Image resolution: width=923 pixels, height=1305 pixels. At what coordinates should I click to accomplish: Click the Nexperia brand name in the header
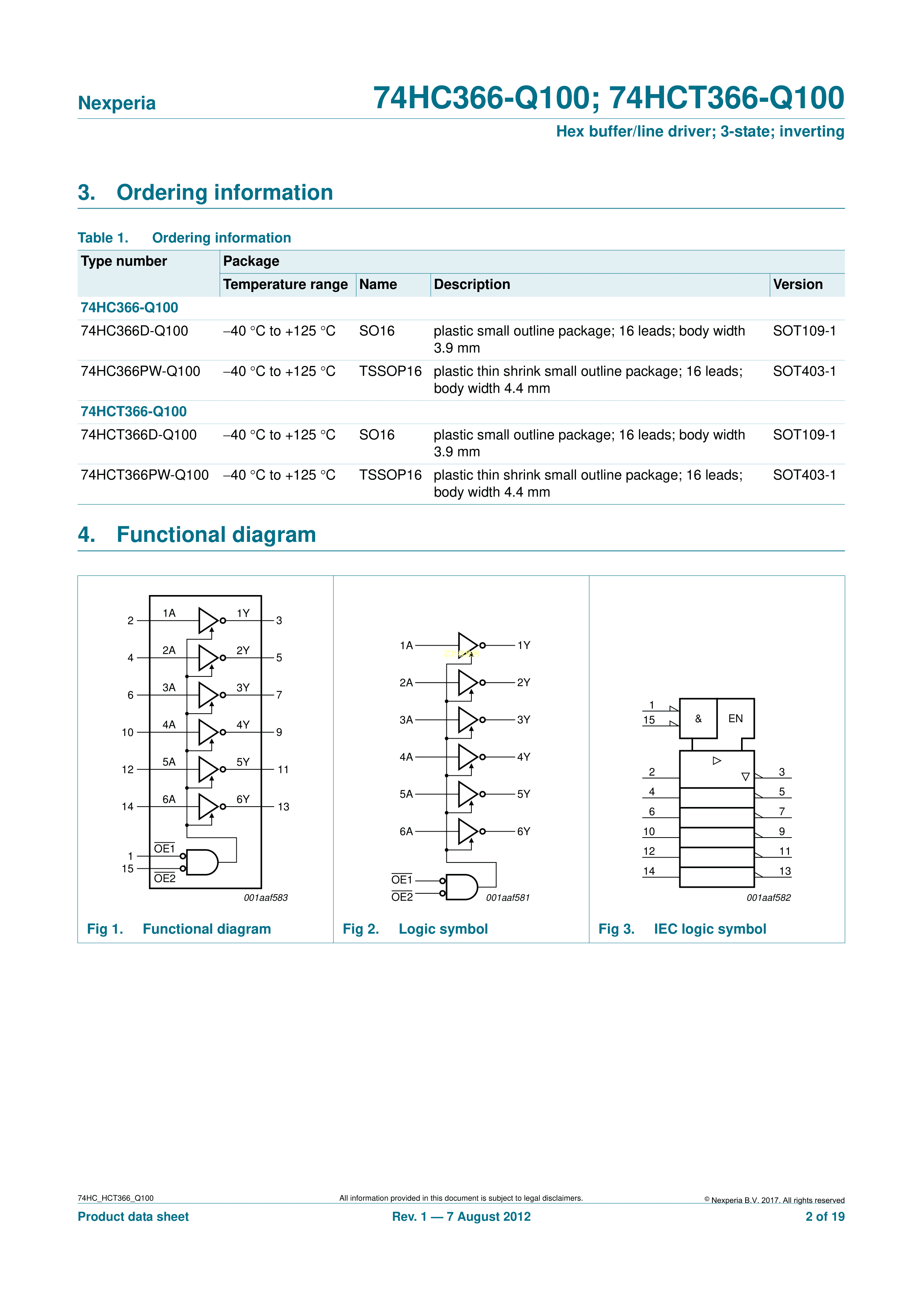tap(116, 103)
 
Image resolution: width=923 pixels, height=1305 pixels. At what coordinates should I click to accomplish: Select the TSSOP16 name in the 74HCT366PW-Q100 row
tap(390, 475)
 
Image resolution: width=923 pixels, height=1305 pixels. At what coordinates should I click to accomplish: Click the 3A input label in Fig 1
tap(169, 687)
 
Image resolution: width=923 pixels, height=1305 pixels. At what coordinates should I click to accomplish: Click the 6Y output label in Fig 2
tap(523, 832)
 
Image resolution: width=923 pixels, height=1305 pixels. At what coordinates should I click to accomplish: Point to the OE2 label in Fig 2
tap(402, 897)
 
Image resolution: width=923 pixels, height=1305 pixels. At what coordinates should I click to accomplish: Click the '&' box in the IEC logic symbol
tap(698, 719)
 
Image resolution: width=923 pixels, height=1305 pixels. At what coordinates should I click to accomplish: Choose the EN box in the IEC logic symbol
tap(735, 719)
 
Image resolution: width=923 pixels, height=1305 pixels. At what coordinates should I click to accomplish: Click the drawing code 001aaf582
tap(768, 898)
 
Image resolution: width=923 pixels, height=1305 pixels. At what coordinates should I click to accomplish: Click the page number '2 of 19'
tap(825, 1216)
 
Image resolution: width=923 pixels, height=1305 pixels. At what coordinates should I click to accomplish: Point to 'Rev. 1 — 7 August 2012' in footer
tap(461, 1216)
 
